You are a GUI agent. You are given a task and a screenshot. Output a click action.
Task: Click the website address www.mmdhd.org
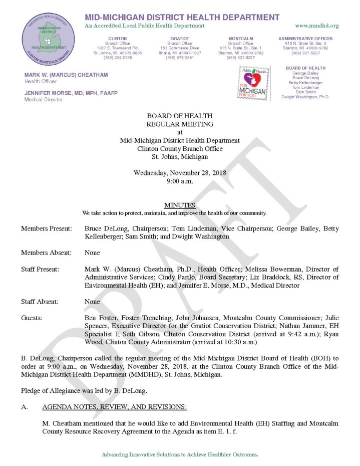tap(317, 26)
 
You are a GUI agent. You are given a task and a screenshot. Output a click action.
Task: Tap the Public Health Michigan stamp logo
tap(255, 83)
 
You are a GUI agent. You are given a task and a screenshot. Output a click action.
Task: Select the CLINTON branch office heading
tap(117, 39)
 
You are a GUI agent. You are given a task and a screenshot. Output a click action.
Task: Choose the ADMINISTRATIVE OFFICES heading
tap(308, 39)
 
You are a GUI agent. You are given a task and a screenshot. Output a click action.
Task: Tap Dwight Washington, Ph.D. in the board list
tap(305, 97)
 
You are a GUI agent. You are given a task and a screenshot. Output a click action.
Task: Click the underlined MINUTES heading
tap(179, 205)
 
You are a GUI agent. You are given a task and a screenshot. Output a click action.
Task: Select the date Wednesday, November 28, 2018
tap(180, 173)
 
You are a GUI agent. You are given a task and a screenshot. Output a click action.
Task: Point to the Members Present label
tap(46, 228)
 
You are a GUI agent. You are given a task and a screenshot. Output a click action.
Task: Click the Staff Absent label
tap(40, 302)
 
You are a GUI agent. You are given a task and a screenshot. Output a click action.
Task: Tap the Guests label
tap(32, 318)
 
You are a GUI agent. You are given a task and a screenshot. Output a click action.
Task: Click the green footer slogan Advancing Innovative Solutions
tap(180, 454)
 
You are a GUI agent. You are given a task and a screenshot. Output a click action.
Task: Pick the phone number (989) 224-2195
tap(117, 57)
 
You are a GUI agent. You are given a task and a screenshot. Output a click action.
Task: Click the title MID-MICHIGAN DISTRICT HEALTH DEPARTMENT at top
tap(182, 17)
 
